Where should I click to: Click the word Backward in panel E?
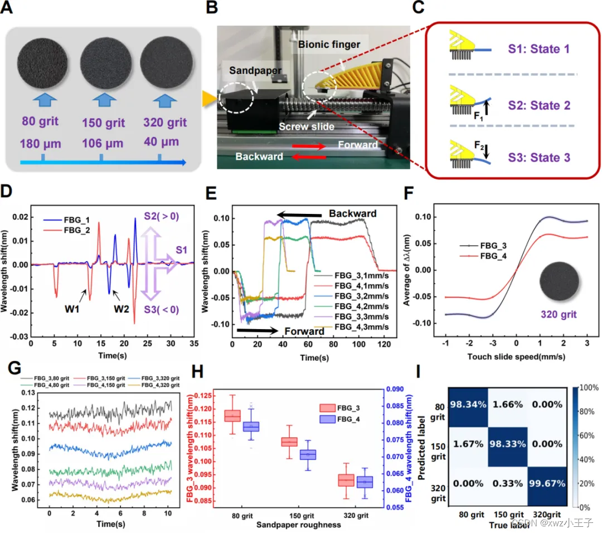(352, 213)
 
